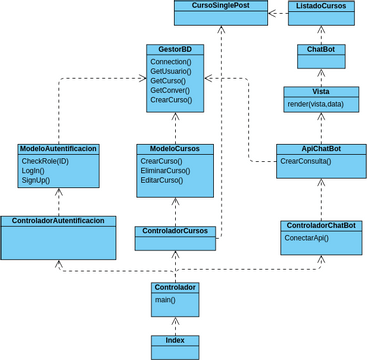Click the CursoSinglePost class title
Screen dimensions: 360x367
click(220, 6)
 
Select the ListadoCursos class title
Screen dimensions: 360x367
click(321, 6)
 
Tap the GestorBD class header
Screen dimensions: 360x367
click(175, 49)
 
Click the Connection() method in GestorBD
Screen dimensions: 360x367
click(171, 61)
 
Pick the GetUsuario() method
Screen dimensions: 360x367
click(171, 72)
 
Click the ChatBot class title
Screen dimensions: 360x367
click(321, 49)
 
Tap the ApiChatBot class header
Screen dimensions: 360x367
click(321, 148)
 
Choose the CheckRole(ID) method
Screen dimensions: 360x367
click(45, 160)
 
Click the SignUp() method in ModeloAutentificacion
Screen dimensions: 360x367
click(39, 180)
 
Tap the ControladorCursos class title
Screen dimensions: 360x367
click(175, 231)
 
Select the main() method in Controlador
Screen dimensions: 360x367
click(164, 299)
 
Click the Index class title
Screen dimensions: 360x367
click(175, 340)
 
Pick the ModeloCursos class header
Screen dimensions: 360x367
click(175, 149)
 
